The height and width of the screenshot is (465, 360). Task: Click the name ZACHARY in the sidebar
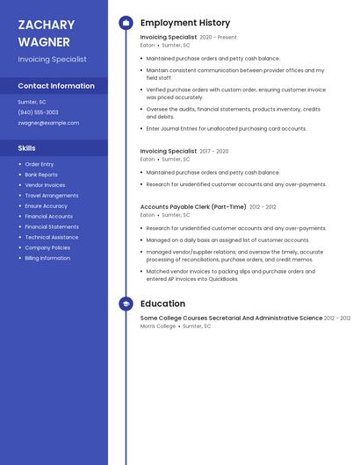pyautogui.click(x=47, y=25)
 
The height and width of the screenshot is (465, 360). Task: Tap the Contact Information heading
pyautogui.click(x=56, y=86)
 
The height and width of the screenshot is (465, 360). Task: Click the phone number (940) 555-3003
pyautogui.click(x=39, y=112)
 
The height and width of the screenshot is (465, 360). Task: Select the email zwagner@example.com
pyautogui.click(x=48, y=123)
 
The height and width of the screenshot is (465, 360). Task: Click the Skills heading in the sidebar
pyautogui.click(x=27, y=148)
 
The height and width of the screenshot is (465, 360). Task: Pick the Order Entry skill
pyautogui.click(x=40, y=164)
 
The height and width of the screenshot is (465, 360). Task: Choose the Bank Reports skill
pyautogui.click(x=41, y=175)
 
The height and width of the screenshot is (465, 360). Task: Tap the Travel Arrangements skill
pyautogui.click(x=52, y=196)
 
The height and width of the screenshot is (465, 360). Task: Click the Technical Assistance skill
pyautogui.click(x=52, y=237)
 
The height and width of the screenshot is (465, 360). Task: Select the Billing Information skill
pyautogui.click(x=47, y=258)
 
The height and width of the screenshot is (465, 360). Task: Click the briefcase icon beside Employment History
pyautogui.click(x=126, y=23)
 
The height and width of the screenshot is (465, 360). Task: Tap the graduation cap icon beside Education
pyautogui.click(x=126, y=304)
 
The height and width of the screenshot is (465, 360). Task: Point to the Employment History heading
pyautogui.click(x=185, y=23)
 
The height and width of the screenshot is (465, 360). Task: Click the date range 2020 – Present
pyautogui.click(x=218, y=38)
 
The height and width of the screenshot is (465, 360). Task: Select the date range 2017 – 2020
pyautogui.click(x=213, y=151)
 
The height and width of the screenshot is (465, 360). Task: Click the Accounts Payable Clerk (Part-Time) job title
pyautogui.click(x=193, y=207)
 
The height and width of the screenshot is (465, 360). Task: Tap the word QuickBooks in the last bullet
pyautogui.click(x=222, y=279)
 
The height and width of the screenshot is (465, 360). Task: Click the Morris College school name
pyautogui.click(x=158, y=325)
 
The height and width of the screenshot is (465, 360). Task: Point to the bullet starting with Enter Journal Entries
pyautogui.click(x=227, y=128)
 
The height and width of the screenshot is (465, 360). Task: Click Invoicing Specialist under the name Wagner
pyautogui.click(x=53, y=60)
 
